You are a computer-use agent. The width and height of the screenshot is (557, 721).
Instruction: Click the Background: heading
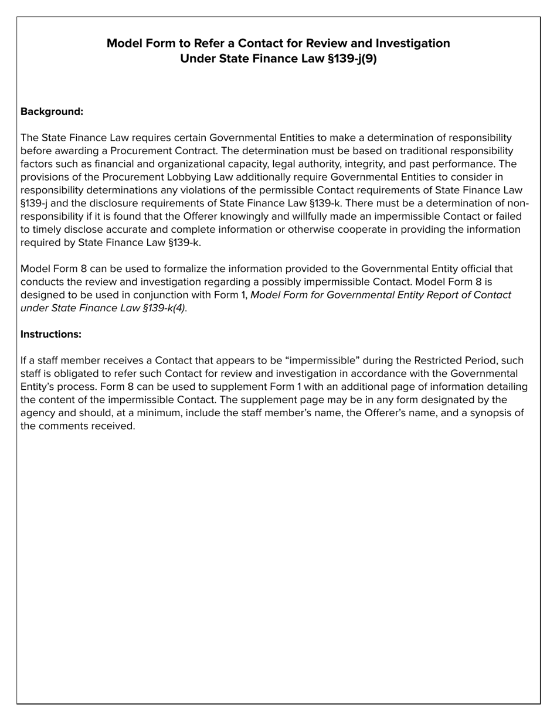[x=52, y=111]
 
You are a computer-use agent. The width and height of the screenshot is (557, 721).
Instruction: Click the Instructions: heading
[x=50, y=334]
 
